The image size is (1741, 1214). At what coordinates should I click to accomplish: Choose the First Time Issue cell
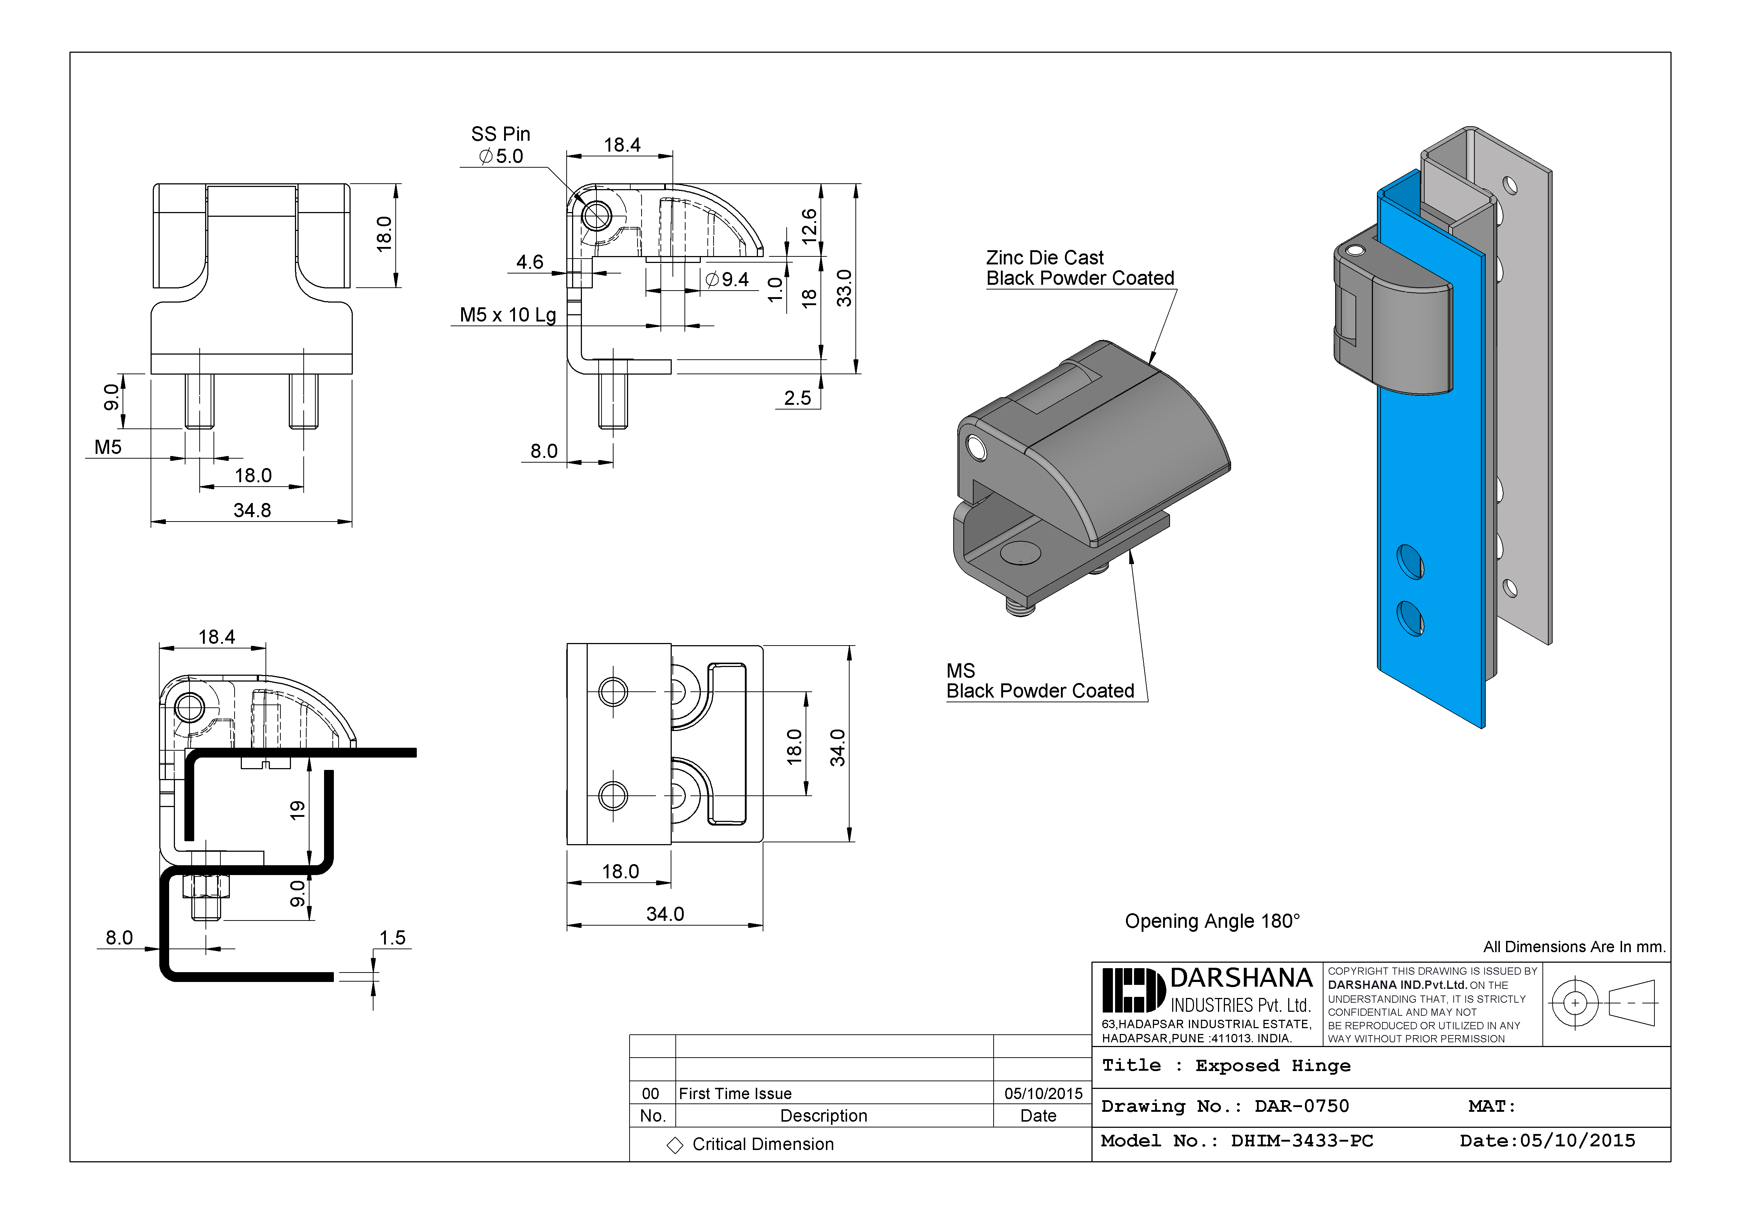pyautogui.click(x=735, y=1093)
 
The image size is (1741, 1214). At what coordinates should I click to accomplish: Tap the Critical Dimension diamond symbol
pyautogui.click(x=674, y=1145)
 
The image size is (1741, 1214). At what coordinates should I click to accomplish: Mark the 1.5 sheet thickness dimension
pyautogui.click(x=392, y=938)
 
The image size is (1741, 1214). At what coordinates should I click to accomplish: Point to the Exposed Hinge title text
pyautogui.click(x=1273, y=1066)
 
